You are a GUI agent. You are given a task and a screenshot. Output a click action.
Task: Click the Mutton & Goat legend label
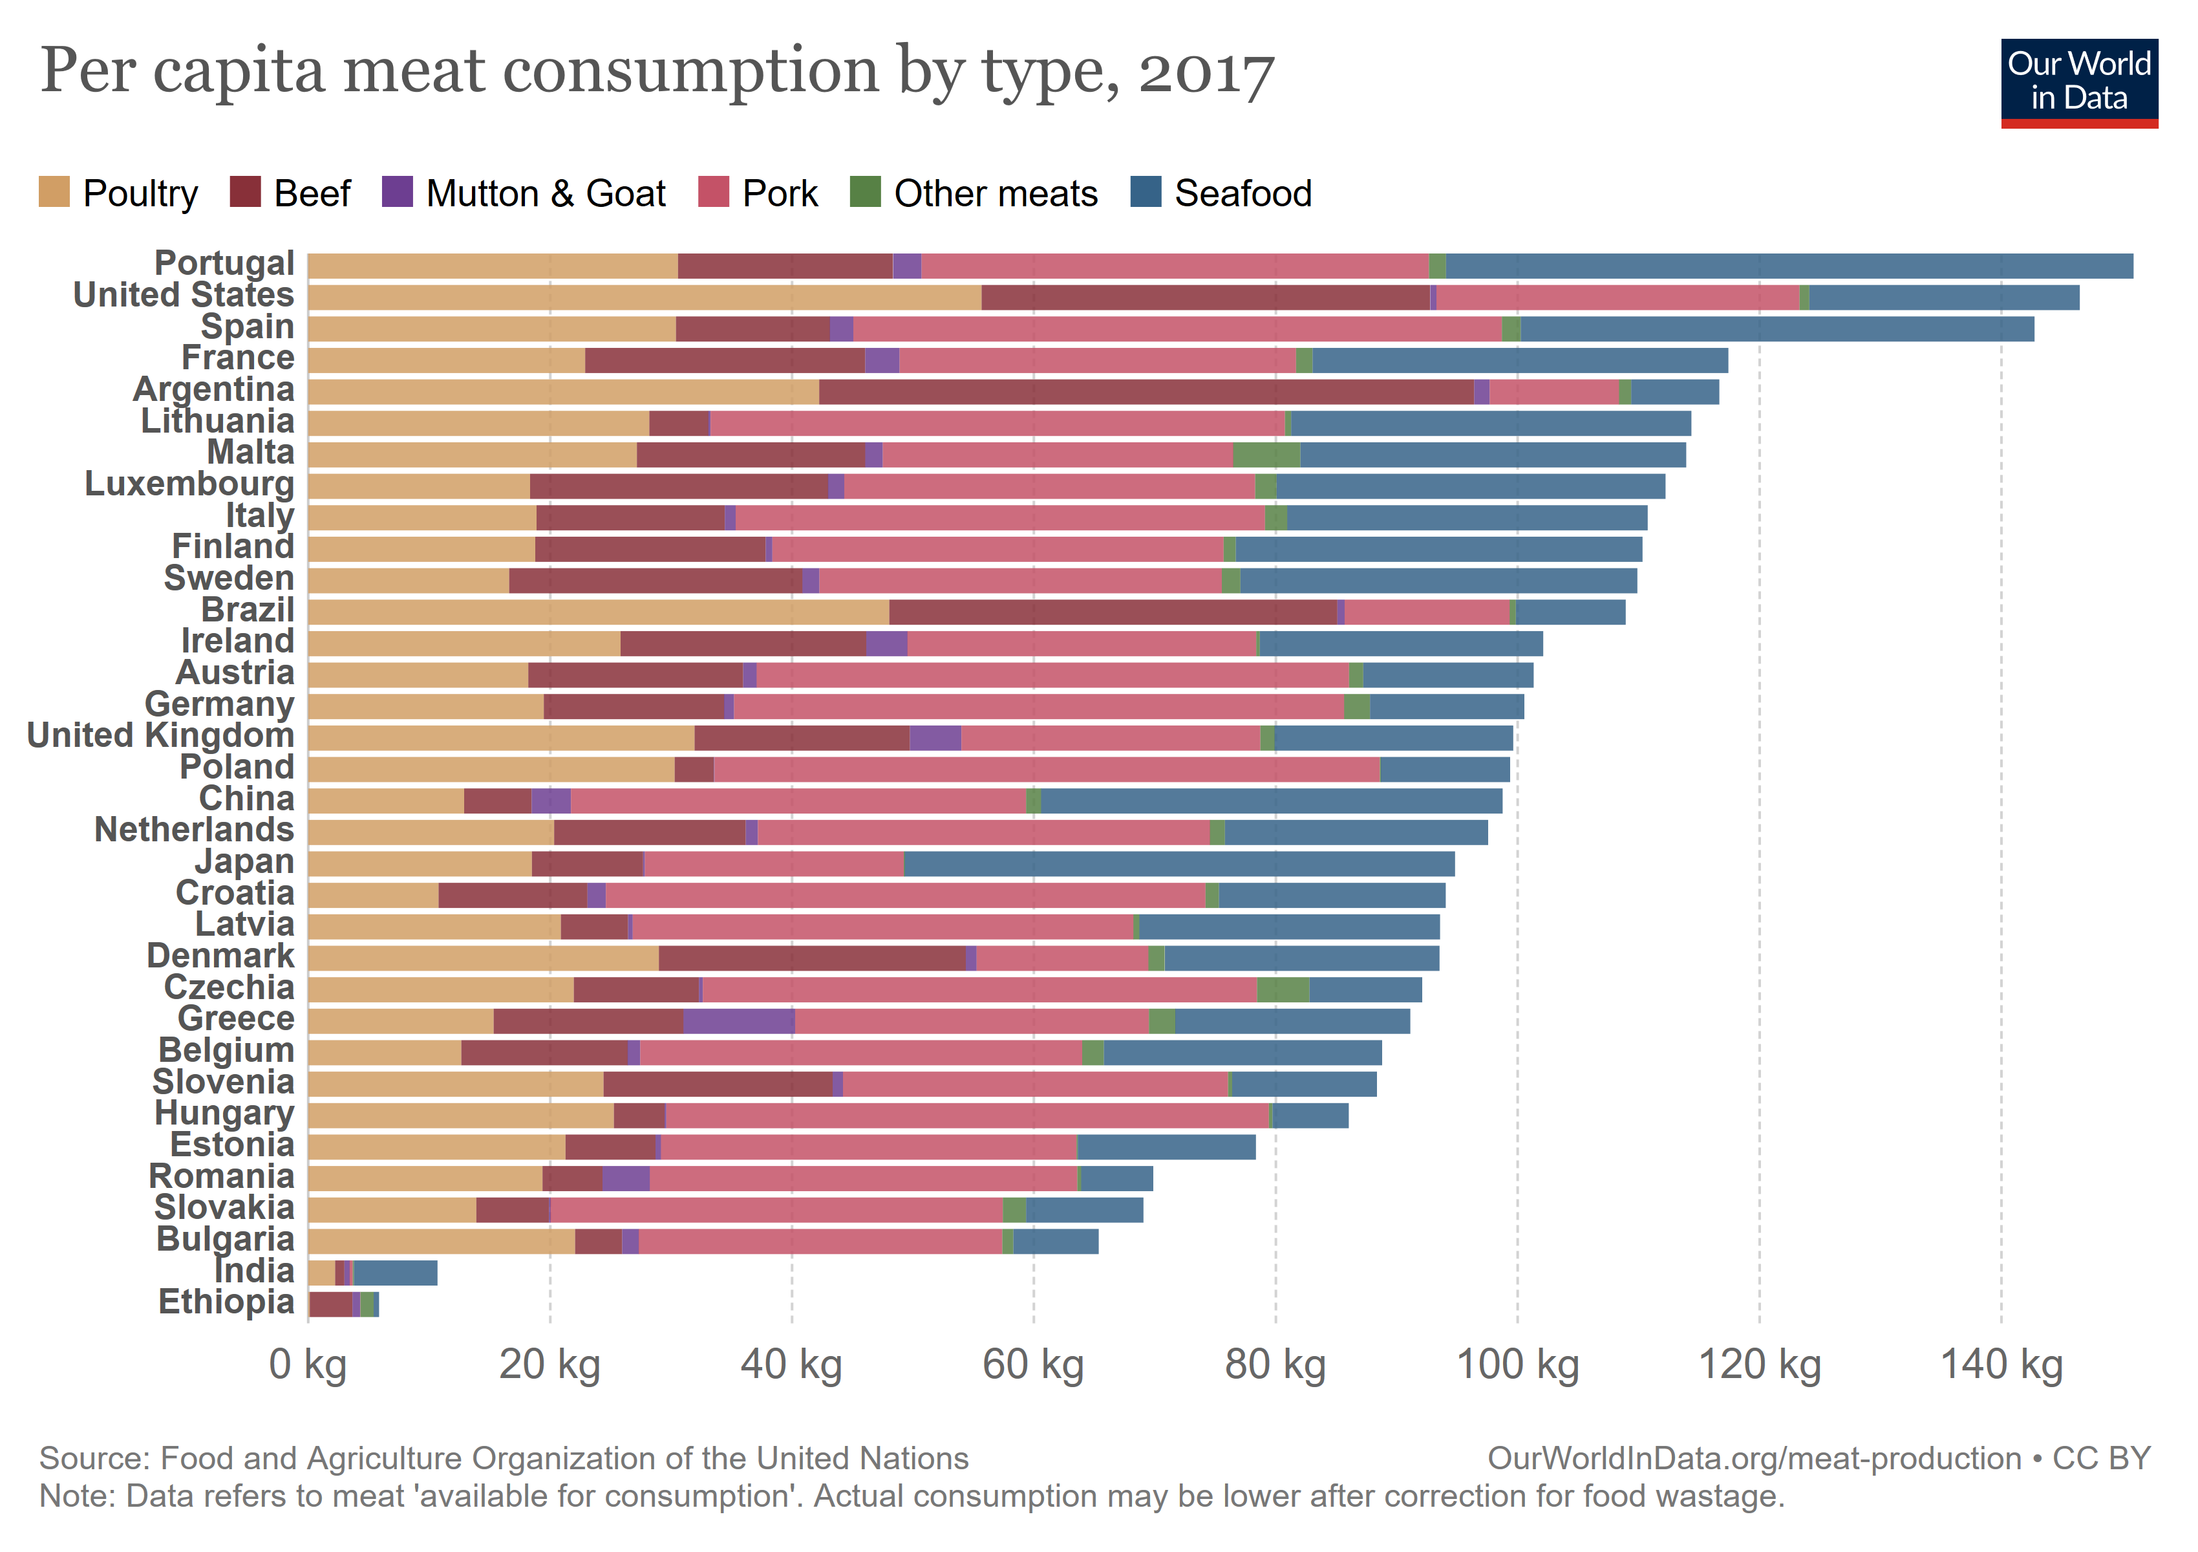click(545, 193)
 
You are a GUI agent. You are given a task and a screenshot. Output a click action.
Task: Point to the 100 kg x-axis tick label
click(1517, 1364)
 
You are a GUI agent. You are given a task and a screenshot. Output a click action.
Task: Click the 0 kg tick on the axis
click(308, 1364)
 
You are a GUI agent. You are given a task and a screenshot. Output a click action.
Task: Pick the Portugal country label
click(224, 263)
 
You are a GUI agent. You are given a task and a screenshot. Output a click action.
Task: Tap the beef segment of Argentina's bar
click(1146, 392)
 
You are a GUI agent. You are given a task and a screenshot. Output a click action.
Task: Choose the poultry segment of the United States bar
click(645, 297)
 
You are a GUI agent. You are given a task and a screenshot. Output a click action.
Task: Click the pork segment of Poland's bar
click(1047, 770)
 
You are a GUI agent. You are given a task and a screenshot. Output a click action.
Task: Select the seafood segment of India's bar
click(396, 1273)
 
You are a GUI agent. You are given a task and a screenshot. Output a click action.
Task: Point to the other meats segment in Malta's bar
click(1266, 455)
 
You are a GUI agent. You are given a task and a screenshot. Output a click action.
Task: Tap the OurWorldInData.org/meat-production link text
click(1754, 1458)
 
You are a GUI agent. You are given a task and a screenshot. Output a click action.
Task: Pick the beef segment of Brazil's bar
click(1113, 612)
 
